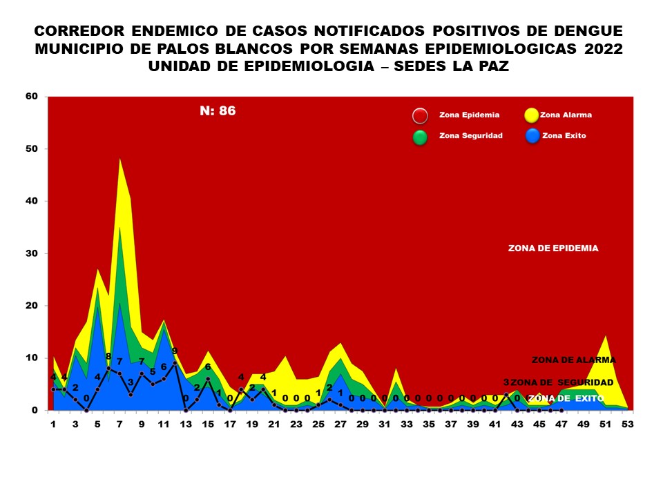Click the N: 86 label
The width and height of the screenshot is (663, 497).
pyautogui.click(x=218, y=110)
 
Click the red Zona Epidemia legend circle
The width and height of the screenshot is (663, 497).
pyautogui.click(x=420, y=116)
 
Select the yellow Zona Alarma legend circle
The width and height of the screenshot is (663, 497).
pyautogui.click(x=531, y=116)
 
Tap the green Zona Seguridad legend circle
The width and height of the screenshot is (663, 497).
pyautogui.click(x=420, y=137)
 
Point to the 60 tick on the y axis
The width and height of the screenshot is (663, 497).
pyautogui.click(x=31, y=97)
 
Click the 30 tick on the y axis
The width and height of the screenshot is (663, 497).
pyautogui.click(x=31, y=253)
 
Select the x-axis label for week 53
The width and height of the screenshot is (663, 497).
pyautogui.click(x=627, y=424)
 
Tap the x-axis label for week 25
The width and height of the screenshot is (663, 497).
pyautogui.click(x=318, y=424)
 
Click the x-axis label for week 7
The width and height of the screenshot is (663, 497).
pyautogui.click(x=119, y=424)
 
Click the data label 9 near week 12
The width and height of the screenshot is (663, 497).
pyautogui.click(x=175, y=351)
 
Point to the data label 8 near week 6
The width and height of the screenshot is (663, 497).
pyautogui.click(x=108, y=356)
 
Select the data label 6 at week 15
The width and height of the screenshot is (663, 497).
pyautogui.click(x=208, y=367)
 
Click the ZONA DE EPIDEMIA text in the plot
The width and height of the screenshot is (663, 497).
pyautogui.click(x=553, y=248)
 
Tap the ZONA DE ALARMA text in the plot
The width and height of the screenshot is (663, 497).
pyautogui.click(x=573, y=360)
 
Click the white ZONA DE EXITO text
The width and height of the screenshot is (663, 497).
pyautogui.click(x=566, y=398)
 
